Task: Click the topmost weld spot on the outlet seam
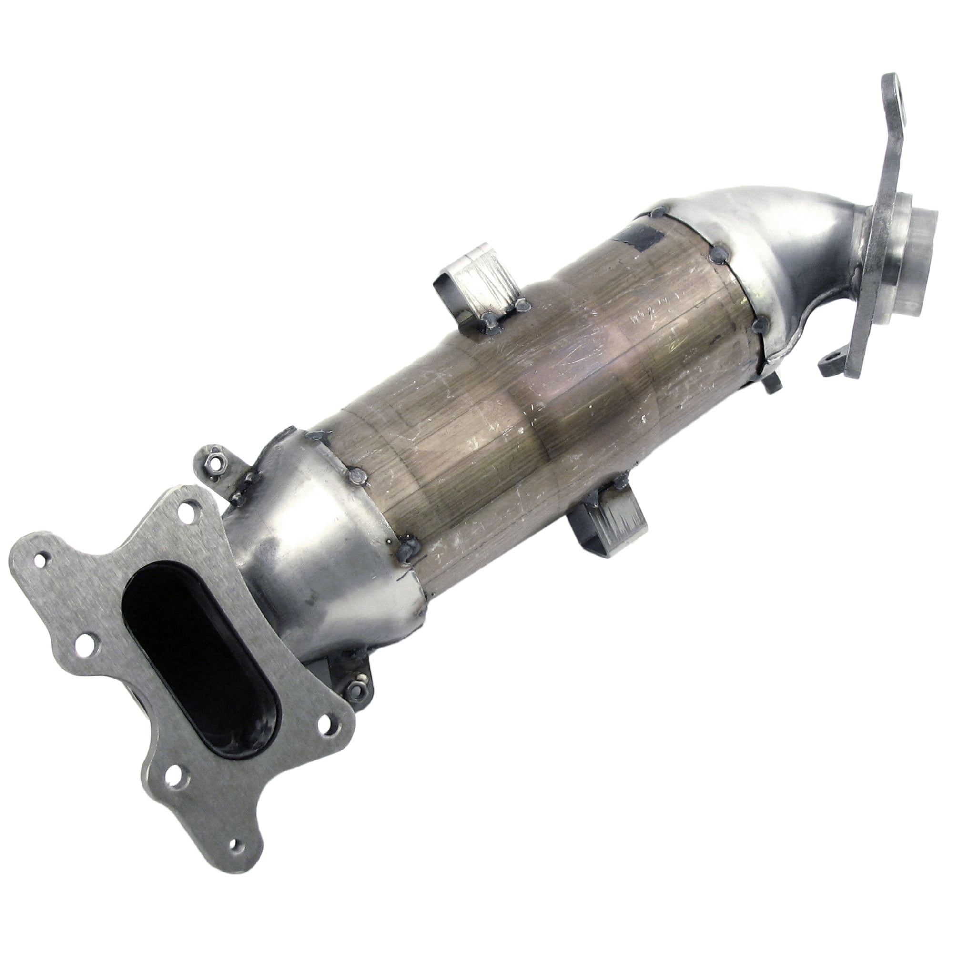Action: click(657, 213)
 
